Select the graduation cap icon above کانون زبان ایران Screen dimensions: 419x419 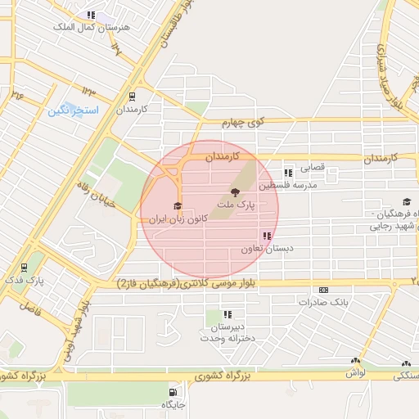point(177,205)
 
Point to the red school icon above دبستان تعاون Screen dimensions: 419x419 point(267,236)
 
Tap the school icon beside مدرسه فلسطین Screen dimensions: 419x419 point(287,173)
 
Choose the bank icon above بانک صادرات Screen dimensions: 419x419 point(324,290)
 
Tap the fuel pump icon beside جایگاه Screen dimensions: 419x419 point(170,391)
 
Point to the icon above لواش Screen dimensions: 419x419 point(355,361)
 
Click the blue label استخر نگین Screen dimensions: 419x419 point(74,110)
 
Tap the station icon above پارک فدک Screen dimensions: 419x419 point(25,267)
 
